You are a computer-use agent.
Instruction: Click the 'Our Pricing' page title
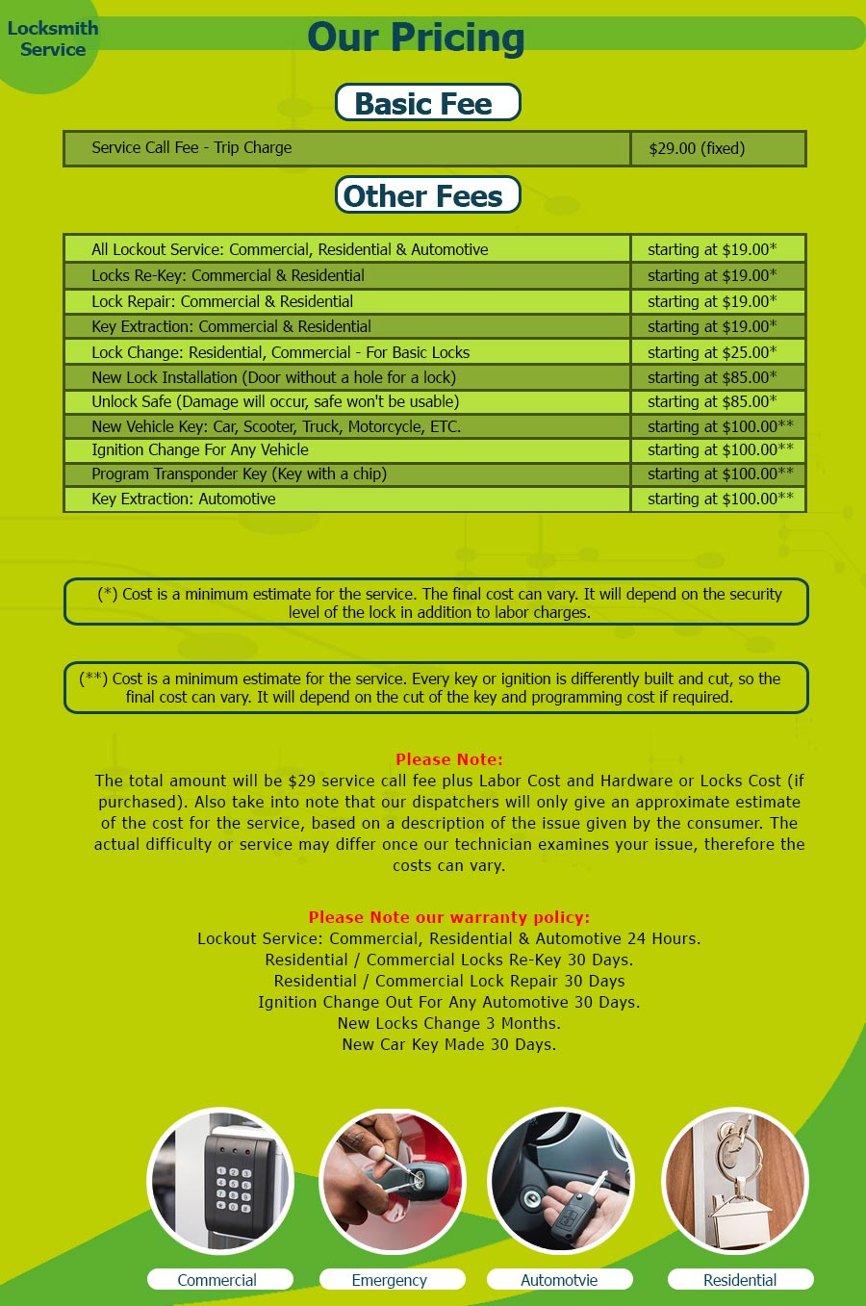pyautogui.click(x=416, y=38)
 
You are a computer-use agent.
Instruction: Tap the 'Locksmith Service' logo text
pyautogui.click(x=53, y=39)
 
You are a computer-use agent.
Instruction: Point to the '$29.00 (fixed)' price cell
pyautogui.click(x=697, y=149)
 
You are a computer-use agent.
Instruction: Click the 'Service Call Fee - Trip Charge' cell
pyautogui.click(x=191, y=148)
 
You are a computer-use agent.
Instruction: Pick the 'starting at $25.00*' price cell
pyautogui.click(x=712, y=352)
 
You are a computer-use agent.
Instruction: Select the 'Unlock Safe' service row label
pyautogui.click(x=275, y=402)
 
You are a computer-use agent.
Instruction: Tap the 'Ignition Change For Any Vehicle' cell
pyautogui.click(x=200, y=449)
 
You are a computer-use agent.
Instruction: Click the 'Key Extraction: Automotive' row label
pyautogui.click(x=184, y=499)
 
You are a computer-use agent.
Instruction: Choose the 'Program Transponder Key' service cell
pyautogui.click(x=239, y=474)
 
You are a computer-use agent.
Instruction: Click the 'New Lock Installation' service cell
pyautogui.click(x=273, y=377)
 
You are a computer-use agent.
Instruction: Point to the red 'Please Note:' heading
pyautogui.click(x=448, y=759)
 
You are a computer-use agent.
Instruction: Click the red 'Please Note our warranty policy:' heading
pyautogui.click(x=448, y=917)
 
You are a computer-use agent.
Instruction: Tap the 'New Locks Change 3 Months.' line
pyautogui.click(x=448, y=1023)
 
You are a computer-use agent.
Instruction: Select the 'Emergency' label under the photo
pyautogui.click(x=390, y=1280)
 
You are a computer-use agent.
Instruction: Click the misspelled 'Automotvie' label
pyautogui.click(x=559, y=1280)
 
